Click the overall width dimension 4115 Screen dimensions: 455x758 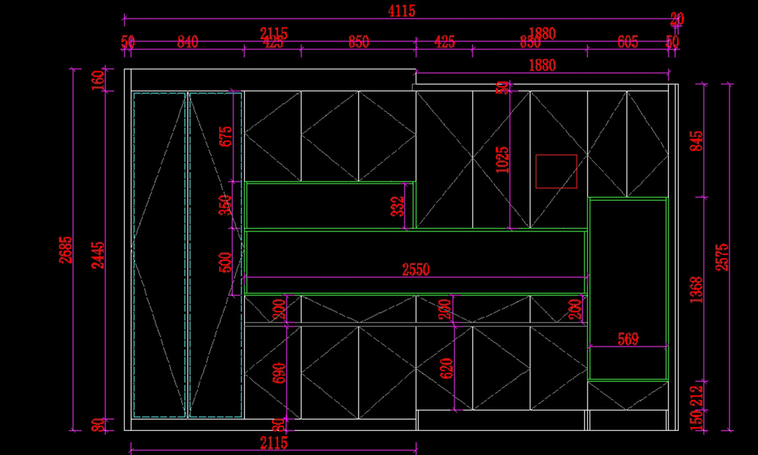click(x=402, y=11)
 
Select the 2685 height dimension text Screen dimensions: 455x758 click(x=68, y=250)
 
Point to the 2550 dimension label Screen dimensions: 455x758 click(x=416, y=270)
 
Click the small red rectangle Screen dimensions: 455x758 click(x=556, y=171)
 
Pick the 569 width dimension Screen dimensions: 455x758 click(x=628, y=339)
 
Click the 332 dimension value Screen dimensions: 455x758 click(x=397, y=206)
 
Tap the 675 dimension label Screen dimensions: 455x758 click(x=226, y=137)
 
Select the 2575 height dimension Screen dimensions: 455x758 click(x=723, y=257)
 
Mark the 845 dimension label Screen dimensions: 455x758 click(x=696, y=140)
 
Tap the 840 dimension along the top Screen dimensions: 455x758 click(x=188, y=42)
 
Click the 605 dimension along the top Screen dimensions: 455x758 click(x=628, y=42)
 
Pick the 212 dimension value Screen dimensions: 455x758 click(x=696, y=396)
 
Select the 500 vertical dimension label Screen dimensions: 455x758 click(x=226, y=262)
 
